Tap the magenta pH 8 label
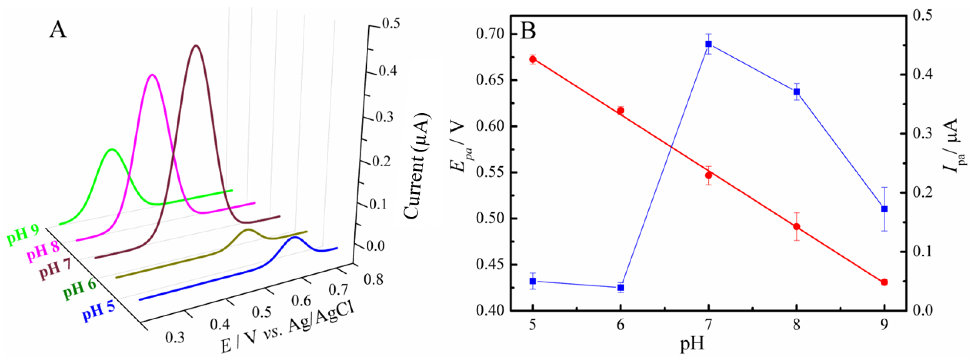tap(43, 252)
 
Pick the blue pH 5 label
tap(98, 312)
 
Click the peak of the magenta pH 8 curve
tap(152, 75)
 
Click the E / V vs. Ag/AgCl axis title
tap(287, 329)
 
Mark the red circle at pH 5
tap(533, 59)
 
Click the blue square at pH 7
tap(709, 44)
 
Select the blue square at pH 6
tap(621, 288)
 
